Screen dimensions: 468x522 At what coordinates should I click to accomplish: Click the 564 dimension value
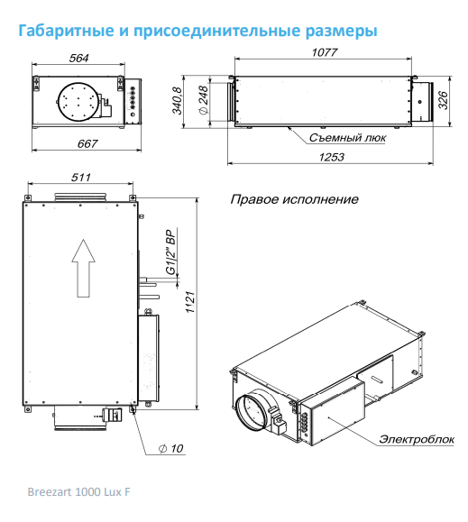78,59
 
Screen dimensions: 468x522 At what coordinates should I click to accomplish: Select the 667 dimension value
87,144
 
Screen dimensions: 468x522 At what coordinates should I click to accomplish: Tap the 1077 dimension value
325,52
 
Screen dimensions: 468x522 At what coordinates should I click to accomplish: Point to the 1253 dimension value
332,157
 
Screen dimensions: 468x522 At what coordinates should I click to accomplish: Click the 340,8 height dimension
177,100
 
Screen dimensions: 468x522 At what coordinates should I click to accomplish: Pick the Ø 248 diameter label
203,100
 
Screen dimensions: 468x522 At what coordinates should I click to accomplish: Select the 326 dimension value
443,100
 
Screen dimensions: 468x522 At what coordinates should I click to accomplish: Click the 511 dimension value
81,178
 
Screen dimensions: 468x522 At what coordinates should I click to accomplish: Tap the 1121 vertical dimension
190,302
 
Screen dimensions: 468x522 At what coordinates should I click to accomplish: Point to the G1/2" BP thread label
170,252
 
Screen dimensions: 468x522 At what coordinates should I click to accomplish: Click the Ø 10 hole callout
170,448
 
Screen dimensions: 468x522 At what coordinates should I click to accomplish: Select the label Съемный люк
347,138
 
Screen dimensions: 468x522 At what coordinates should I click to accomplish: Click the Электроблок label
416,439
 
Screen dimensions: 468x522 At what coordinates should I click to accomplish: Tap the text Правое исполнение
294,199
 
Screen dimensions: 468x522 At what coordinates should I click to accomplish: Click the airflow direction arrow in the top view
83,268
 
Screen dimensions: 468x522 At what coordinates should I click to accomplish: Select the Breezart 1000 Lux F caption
78,491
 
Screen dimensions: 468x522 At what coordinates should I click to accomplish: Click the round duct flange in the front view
78,101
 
